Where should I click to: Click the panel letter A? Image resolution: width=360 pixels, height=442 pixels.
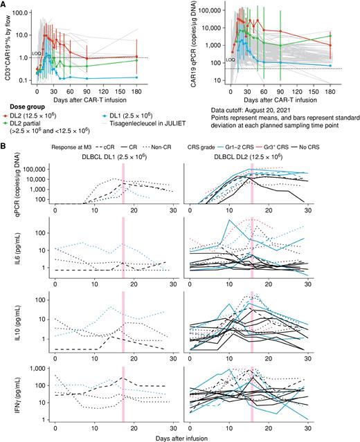coord(4,5)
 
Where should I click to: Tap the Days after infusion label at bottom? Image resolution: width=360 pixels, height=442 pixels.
coord(181,436)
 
